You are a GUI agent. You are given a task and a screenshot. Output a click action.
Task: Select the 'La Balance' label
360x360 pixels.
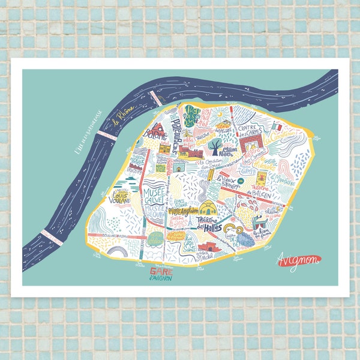(154, 133)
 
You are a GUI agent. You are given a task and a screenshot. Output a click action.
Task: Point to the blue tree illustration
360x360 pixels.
(214, 144)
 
